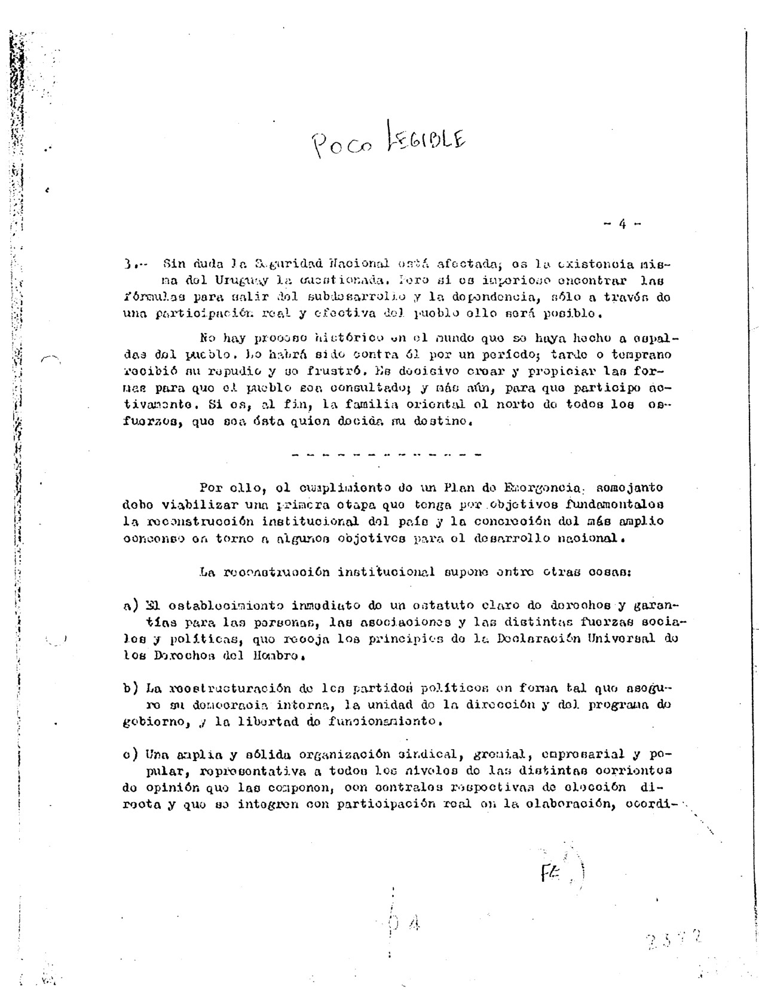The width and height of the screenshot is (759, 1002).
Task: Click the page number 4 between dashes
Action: pyautogui.click(x=622, y=225)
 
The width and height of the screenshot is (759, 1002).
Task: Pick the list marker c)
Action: pyautogui.click(x=131, y=754)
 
